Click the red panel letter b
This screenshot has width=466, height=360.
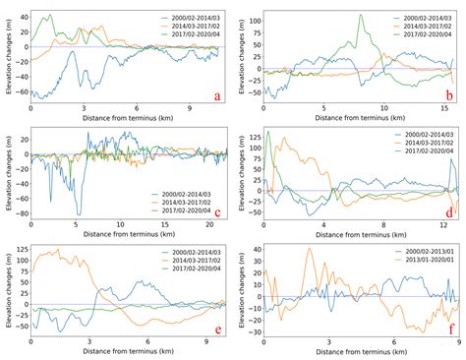click(x=448, y=94)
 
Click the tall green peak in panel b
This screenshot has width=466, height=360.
click(x=361, y=16)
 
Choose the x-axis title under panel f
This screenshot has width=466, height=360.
click(x=358, y=354)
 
